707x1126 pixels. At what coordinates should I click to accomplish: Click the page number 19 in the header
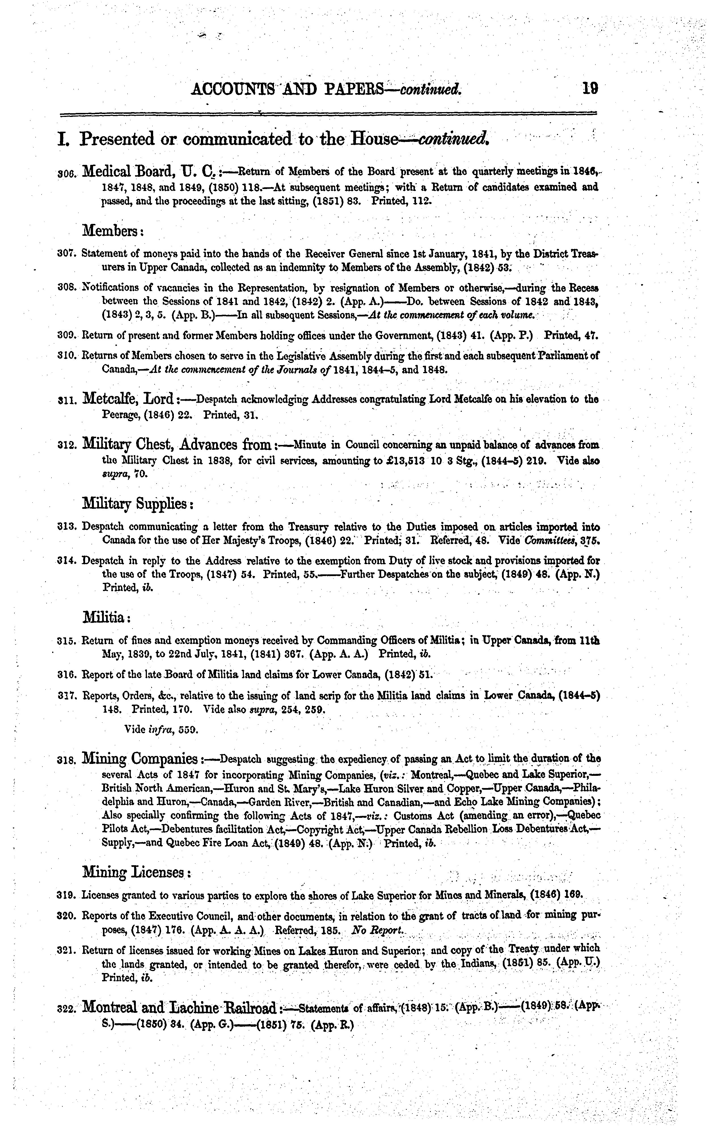[x=590, y=88]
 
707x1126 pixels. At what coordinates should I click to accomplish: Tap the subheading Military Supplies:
[x=138, y=504]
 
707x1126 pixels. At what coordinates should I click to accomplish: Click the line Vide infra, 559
[x=161, y=729]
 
